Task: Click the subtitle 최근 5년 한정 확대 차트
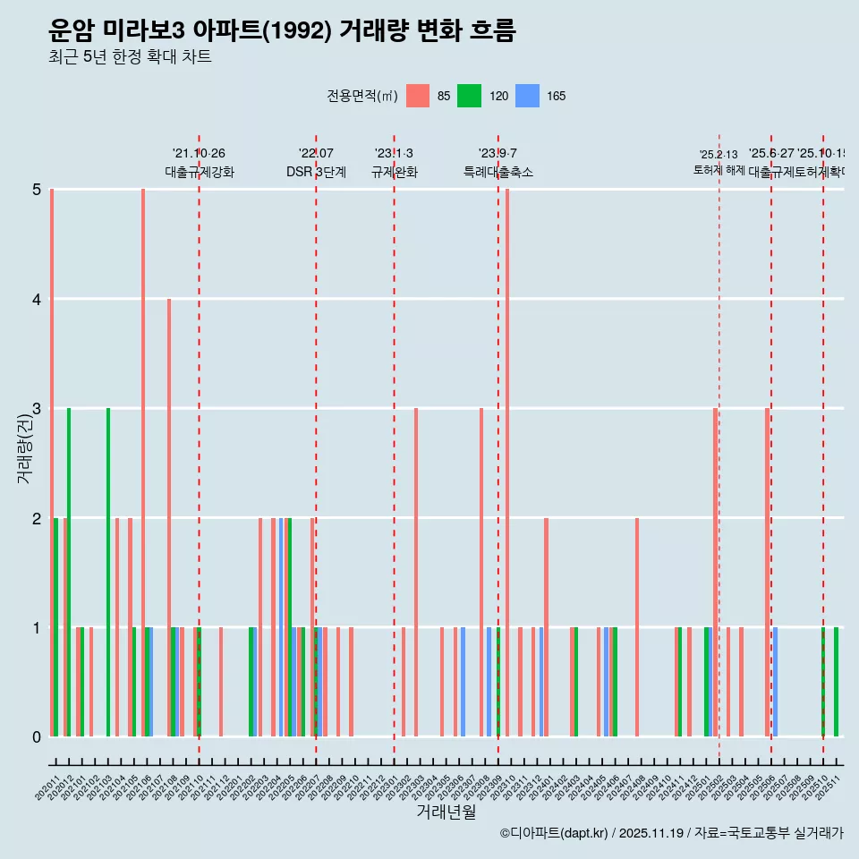coord(131,57)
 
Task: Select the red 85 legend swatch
coord(418,96)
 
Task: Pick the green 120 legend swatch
coord(469,96)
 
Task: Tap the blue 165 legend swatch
coord(529,96)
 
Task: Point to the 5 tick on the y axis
coord(37,190)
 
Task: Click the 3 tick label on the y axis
coord(37,409)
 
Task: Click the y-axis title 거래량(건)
coord(24,447)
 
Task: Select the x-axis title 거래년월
coord(446,812)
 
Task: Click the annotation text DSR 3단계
coord(316,172)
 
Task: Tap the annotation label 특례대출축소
coord(498,172)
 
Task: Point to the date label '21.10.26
coord(199,154)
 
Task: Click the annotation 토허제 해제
coord(719,169)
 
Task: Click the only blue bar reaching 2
coord(281,626)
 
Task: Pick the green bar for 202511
coord(837,682)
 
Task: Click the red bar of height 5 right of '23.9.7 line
coord(507,463)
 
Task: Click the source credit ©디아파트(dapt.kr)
coord(555,833)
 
